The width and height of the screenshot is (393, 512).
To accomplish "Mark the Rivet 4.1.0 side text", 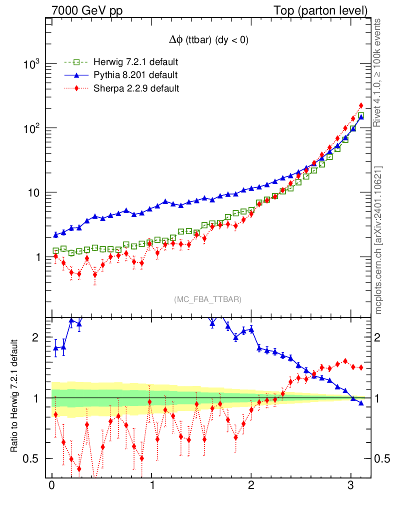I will (x=378, y=72).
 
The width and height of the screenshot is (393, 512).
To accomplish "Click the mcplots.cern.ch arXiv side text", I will (x=378, y=240).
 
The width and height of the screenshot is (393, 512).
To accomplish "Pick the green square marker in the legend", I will (x=76, y=62).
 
